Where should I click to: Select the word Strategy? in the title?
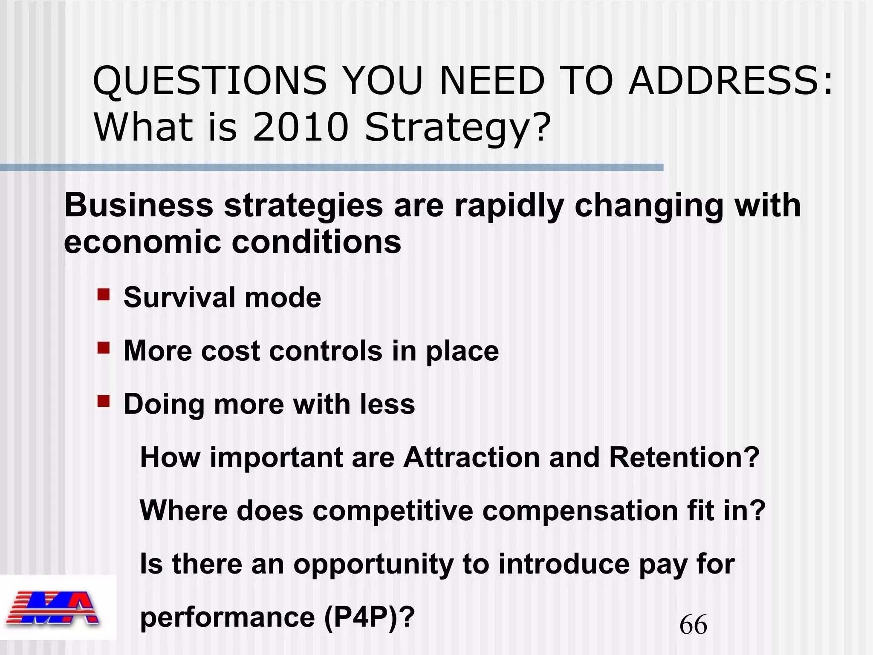(458, 128)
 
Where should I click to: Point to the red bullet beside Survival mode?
(104, 295)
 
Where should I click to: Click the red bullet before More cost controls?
(104, 348)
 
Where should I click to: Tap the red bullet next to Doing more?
(104, 401)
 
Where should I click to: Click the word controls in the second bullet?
(326, 351)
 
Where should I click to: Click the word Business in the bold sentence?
(139, 206)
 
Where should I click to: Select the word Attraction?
(471, 457)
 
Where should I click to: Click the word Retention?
(684, 457)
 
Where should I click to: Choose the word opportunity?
(373, 565)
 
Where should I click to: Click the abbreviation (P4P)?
(369, 617)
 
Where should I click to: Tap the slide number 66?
(693, 625)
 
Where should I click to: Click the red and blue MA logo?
(53, 608)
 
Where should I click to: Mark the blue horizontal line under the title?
(332, 168)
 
